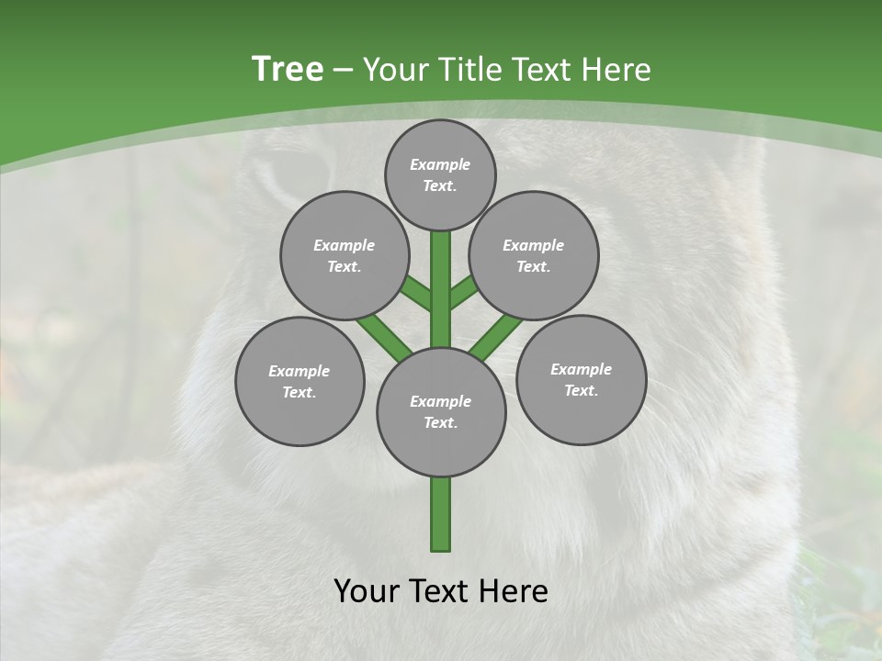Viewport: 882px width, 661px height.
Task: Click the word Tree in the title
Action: (288, 69)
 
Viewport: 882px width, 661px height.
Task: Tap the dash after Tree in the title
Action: (344, 71)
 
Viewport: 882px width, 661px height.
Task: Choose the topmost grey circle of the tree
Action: (440, 174)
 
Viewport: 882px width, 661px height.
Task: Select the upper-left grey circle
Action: (345, 255)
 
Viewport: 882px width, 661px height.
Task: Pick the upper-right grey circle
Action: (534, 255)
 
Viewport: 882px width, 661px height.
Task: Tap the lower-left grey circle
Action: (300, 381)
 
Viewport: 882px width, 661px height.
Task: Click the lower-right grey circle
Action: (582, 379)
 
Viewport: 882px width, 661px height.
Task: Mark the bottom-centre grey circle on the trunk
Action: (441, 411)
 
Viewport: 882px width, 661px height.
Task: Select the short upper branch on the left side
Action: (417, 294)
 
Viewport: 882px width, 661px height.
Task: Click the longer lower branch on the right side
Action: (496, 337)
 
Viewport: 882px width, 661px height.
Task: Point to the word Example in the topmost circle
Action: (440, 164)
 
